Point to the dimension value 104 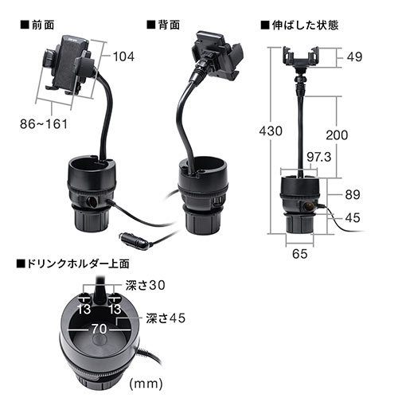[x=123, y=57]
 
